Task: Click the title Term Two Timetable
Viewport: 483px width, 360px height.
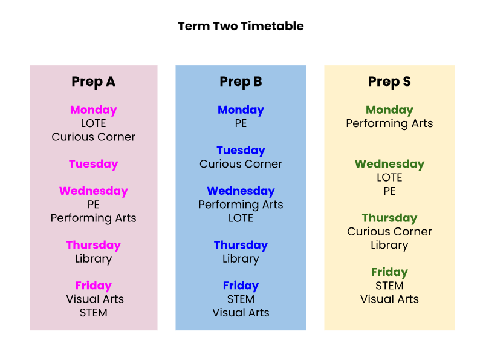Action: pos(241,26)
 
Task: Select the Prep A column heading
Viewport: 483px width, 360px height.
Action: pos(93,82)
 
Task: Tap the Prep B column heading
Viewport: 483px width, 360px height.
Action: pos(241,82)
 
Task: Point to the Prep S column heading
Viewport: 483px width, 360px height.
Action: pos(389,82)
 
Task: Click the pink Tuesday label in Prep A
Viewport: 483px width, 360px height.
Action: pos(93,164)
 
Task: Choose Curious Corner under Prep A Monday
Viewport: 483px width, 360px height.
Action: pos(93,137)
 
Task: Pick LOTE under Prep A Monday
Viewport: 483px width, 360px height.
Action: pos(93,123)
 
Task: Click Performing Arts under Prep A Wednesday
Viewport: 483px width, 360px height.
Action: pos(93,218)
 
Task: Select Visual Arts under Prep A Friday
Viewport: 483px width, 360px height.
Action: pos(95,299)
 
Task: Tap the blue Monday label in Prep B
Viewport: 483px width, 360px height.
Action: pos(241,110)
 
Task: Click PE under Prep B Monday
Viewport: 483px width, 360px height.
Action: pos(241,123)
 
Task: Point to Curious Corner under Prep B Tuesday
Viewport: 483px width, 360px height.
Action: pos(241,164)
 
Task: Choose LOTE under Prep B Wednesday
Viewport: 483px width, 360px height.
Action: pos(241,218)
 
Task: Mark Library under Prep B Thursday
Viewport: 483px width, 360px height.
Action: pos(241,259)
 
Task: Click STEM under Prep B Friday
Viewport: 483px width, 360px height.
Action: pos(241,299)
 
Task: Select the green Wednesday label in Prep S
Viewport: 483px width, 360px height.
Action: pos(389,164)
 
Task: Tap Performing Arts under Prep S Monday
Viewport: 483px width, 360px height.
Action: pos(389,123)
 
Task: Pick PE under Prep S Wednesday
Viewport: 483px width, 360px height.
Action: pos(389,191)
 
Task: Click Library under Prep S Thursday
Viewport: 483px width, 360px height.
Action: pos(389,245)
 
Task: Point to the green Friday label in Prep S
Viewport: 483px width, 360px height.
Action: pos(389,272)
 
